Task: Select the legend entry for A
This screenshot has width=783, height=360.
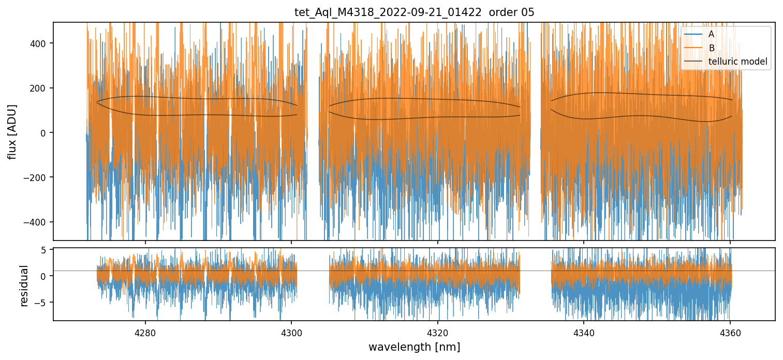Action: (x=712, y=35)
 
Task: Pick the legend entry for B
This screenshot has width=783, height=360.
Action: (x=712, y=49)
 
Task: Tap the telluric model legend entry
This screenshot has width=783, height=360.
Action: (x=737, y=63)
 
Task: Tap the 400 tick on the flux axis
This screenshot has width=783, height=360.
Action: (x=40, y=43)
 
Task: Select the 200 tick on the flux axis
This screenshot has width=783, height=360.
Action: (x=40, y=88)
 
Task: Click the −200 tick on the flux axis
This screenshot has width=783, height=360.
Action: (x=37, y=177)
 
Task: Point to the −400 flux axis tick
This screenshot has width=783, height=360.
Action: (x=37, y=222)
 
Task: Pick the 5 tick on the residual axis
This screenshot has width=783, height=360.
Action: (x=43, y=250)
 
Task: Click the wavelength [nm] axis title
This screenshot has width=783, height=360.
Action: (x=414, y=347)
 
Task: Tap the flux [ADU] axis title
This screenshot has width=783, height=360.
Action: (x=12, y=131)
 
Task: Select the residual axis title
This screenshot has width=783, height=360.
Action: (x=24, y=285)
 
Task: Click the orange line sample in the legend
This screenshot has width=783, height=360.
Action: (x=693, y=49)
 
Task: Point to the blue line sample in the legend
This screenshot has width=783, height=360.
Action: (x=693, y=35)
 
